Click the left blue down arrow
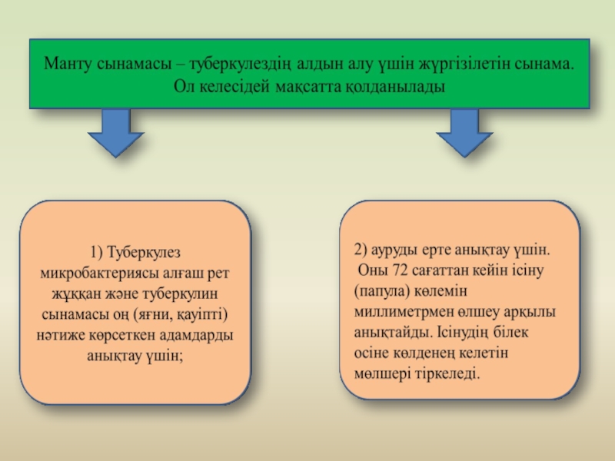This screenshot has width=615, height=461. point(116,131)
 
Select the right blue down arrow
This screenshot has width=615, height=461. point(464,131)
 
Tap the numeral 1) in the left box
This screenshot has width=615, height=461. point(96,251)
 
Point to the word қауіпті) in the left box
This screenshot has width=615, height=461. point(204,315)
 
